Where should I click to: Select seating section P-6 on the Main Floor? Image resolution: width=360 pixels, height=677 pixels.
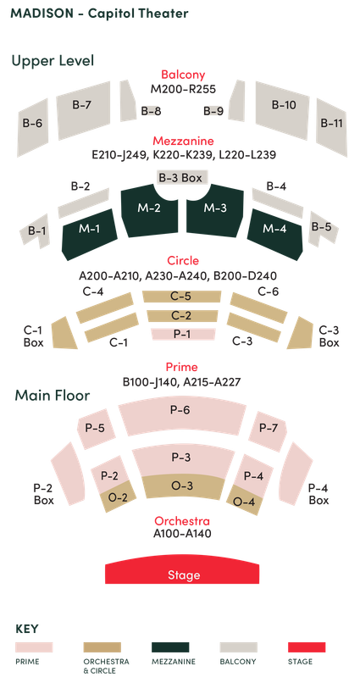(x=180, y=411)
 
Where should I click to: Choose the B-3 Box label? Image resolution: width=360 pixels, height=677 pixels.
(x=180, y=178)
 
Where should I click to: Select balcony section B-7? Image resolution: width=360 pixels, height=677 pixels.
(x=82, y=107)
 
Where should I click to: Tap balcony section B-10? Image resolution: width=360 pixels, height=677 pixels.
(x=284, y=107)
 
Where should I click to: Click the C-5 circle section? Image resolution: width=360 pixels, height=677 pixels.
(x=180, y=297)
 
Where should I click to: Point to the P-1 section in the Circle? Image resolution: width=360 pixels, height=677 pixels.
(x=180, y=335)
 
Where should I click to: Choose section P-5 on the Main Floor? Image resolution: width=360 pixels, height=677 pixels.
(x=95, y=429)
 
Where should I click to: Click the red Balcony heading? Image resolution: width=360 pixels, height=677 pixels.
(x=183, y=75)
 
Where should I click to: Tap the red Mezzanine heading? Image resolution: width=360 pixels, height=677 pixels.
(x=183, y=141)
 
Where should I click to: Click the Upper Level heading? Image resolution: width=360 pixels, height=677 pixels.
(x=53, y=61)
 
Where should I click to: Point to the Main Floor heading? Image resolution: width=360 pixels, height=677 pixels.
(x=52, y=396)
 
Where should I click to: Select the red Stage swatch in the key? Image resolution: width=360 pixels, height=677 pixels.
(x=307, y=646)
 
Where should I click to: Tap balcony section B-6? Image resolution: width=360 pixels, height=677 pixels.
(x=33, y=124)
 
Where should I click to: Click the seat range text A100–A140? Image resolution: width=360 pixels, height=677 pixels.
(x=182, y=534)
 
